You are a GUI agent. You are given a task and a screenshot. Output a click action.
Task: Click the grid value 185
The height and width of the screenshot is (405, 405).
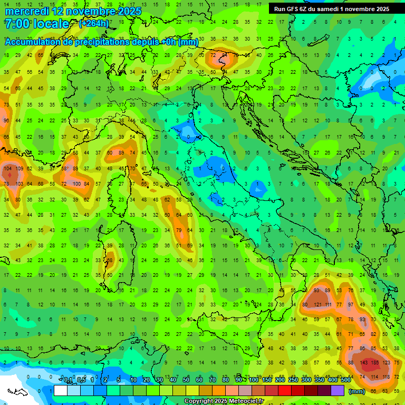click(375, 363)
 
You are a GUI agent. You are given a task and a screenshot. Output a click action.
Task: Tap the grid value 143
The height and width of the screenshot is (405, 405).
click(363, 363)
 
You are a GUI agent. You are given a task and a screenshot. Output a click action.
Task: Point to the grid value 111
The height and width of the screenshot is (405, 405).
click(329, 305)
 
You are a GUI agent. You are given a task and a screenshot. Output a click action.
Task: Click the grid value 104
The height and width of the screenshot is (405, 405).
click(7, 169)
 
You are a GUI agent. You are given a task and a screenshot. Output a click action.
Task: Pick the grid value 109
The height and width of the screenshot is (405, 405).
click(20, 169)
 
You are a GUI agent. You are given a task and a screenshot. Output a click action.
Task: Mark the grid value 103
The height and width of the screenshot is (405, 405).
click(20, 184)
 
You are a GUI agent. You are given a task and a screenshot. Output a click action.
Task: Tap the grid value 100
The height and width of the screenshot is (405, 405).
click(76, 184)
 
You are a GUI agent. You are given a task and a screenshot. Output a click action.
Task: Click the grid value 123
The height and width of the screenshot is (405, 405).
click(388, 363)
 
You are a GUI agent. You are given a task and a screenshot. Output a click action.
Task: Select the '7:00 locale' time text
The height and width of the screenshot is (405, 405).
click(36, 24)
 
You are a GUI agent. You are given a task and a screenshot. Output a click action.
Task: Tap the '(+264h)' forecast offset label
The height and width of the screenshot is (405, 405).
click(94, 24)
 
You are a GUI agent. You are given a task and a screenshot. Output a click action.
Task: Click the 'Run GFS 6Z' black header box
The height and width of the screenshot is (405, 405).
click(331, 9)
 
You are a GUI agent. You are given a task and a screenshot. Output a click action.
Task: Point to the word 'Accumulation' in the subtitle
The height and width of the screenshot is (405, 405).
click(33, 42)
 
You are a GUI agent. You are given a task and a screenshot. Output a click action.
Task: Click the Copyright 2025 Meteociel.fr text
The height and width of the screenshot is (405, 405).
click(224, 401)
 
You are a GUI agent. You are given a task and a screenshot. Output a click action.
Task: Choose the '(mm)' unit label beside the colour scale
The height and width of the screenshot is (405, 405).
click(357, 391)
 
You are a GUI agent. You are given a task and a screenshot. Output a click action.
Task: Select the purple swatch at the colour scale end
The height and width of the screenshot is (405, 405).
click(337, 391)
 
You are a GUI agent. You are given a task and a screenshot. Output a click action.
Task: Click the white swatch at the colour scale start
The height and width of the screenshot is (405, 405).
click(60, 391)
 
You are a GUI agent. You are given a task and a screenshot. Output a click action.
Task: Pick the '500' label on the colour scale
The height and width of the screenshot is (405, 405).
click(346, 380)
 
